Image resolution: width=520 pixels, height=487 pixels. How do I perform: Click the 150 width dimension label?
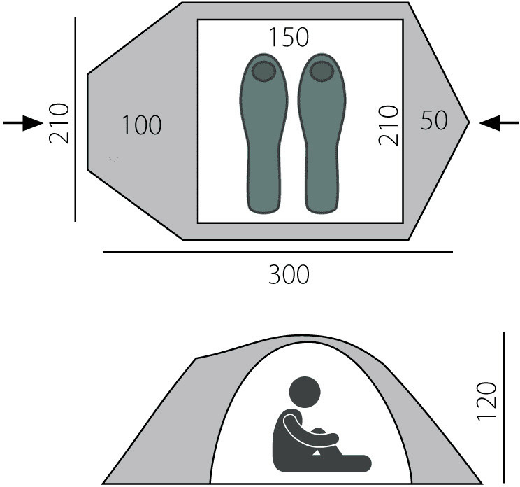[x=289, y=37]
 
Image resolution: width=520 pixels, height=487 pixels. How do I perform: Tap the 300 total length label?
[x=289, y=275]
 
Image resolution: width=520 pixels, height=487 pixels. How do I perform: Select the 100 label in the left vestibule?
[x=141, y=126]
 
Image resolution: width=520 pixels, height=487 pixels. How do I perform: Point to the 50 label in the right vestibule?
[x=435, y=121]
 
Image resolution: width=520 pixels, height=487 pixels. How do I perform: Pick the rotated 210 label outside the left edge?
[x=59, y=123]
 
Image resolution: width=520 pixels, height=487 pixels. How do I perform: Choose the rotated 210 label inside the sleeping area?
[x=388, y=125]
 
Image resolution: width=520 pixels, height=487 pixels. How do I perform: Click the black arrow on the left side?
[x=23, y=123]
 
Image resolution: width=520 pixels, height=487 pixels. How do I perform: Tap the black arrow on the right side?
[x=499, y=122]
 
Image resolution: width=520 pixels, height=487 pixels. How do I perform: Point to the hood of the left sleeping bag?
[x=263, y=71]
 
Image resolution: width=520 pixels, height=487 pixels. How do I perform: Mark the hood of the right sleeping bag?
[x=322, y=71]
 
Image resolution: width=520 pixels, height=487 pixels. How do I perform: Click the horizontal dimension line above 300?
[x=278, y=251]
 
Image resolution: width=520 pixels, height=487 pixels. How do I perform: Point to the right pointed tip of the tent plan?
[x=468, y=122]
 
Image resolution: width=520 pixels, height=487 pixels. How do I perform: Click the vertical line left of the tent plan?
[x=75, y=119]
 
